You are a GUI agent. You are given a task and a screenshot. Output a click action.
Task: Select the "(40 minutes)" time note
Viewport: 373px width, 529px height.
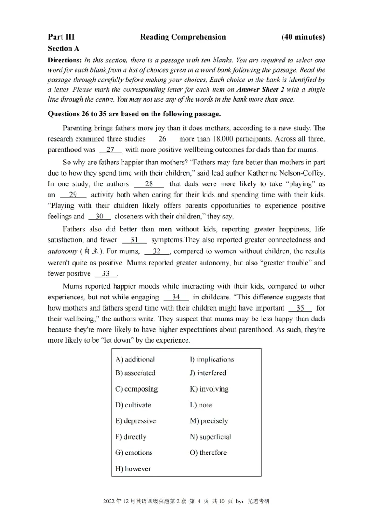click(303, 37)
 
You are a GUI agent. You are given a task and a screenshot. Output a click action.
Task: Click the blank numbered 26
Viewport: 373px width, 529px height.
click(162, 139)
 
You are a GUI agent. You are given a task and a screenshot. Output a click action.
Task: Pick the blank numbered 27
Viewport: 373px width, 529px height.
click(111, 149)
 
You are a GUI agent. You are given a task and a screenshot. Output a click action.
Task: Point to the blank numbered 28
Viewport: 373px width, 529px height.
click(149, 183)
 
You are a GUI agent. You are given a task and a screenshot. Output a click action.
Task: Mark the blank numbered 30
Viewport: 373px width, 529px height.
click(99, 216)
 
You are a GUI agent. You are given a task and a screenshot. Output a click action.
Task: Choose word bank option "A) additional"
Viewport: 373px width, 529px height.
click(135, 359)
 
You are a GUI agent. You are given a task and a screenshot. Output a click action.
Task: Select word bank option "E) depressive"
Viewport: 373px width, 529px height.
click(135, 421)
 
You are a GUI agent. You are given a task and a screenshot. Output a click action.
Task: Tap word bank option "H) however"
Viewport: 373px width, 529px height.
click(133, 468)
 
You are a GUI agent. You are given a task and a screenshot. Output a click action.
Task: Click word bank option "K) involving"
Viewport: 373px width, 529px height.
click(209, 389)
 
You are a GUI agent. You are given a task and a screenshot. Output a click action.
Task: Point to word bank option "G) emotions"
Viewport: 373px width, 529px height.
click(133, 453)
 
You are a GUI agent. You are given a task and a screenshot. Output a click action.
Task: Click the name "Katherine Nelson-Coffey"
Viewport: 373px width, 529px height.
click(285, 172)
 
